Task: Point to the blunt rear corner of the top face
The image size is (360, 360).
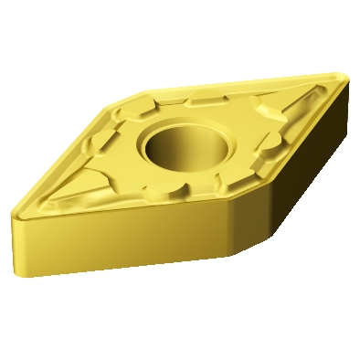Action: point(137,90)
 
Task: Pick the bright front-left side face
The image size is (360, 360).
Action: point(119,238)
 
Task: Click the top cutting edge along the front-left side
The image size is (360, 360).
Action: point(119,211)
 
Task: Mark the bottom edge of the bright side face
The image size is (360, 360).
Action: point(119,264)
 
